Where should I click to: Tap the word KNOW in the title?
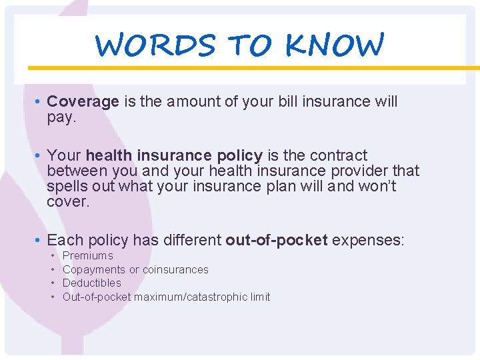tap(335, 45)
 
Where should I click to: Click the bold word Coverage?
tap(83, 101)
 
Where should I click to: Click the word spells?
tap(65, 187)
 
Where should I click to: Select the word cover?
tap(68, 202)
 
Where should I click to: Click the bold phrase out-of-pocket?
tap(277, 240)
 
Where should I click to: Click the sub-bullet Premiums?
tap(88, 256)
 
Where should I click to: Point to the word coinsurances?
tap(175, 269)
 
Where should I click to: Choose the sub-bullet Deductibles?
tap(92, 283)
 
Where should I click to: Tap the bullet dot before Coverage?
tap(40, 102)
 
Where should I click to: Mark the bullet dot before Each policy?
tap(40, 241)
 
